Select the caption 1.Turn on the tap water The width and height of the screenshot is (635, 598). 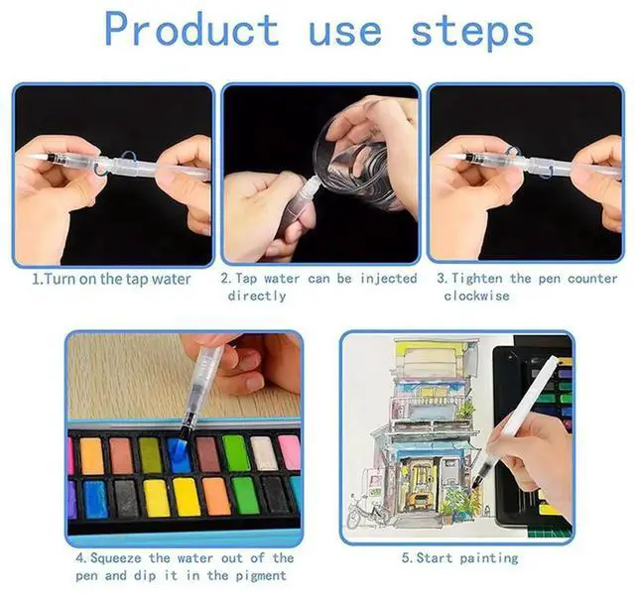click(x=111, y=279)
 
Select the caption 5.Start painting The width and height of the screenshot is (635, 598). click(x=459, y=558)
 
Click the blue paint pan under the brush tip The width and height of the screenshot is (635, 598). click(x=180, y=455)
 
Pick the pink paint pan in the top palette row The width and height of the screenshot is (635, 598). click(x=289, y=452)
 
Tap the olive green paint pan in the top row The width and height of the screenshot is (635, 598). click(x=150, y=455)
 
